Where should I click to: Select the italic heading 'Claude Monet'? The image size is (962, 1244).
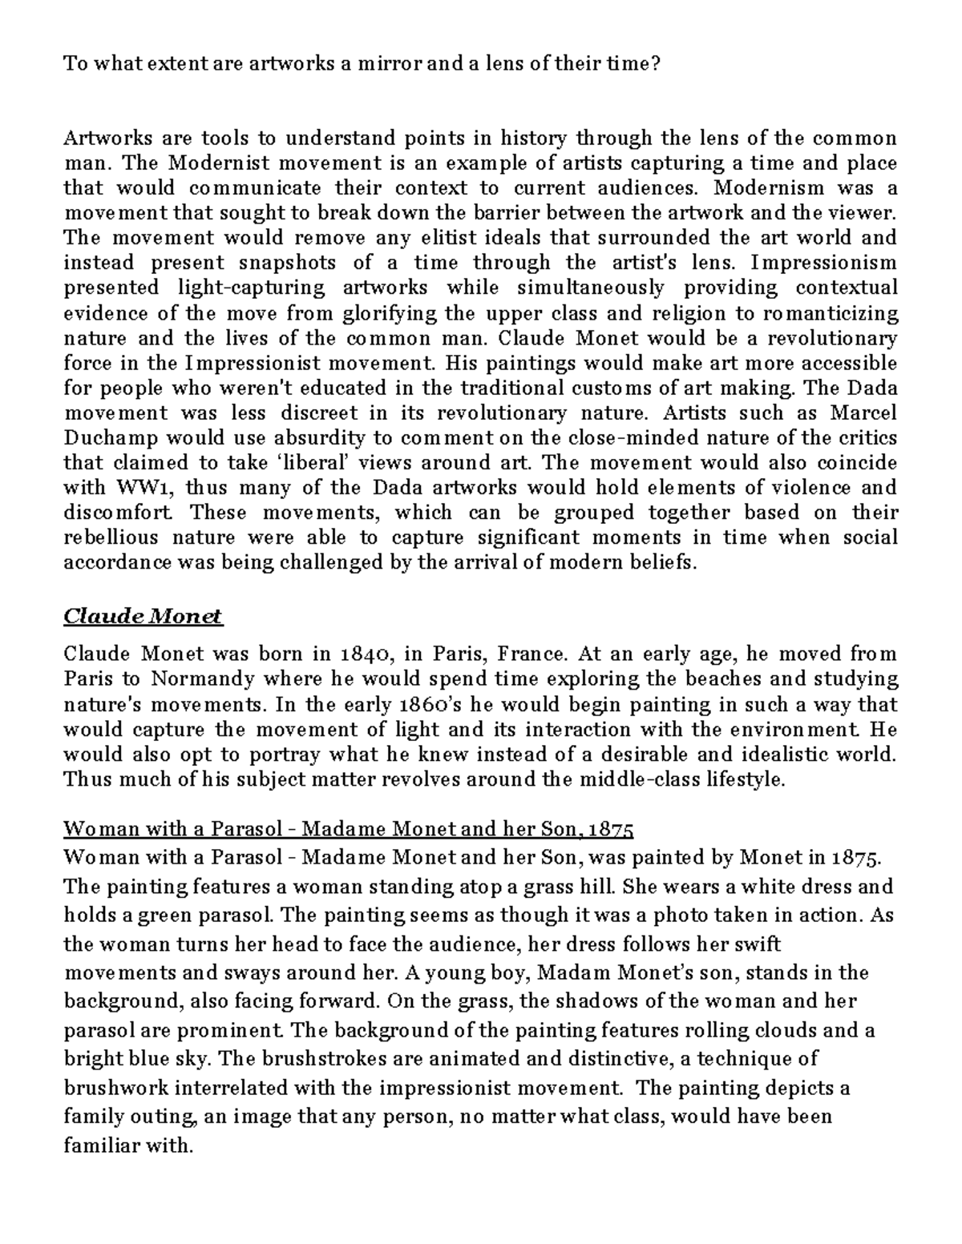point(143,617)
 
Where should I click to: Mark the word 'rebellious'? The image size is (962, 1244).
point(111,538)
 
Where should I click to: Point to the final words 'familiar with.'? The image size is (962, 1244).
point(128,1146)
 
